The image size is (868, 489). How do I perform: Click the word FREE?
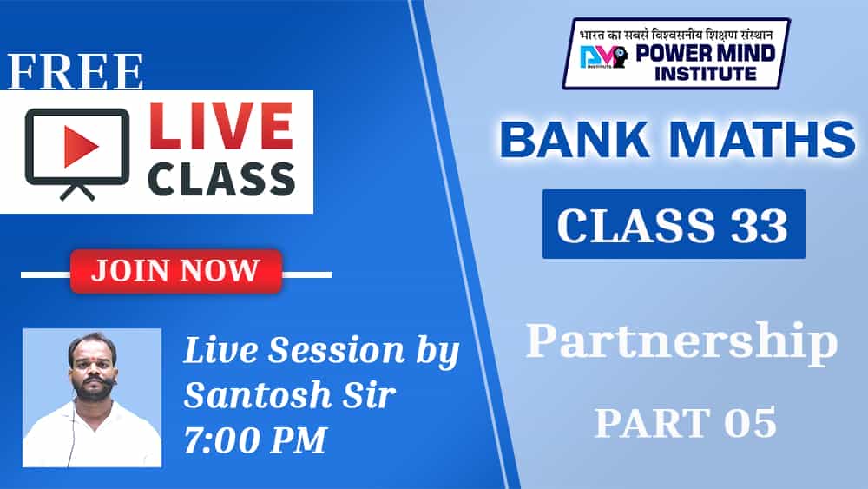click(x=76, y=71)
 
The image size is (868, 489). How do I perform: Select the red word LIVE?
click(x=220, y=127)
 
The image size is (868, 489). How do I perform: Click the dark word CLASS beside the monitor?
click(x=220, y=179)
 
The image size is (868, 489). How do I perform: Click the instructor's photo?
click(x=92, y=398)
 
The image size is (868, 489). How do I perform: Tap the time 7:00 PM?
click(x=255, y=439)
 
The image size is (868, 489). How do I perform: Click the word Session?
click(x=337, y=351)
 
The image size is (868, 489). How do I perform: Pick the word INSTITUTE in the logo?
click(x=705, y=74)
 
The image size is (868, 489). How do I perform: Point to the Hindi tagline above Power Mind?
click(x=676, y=35)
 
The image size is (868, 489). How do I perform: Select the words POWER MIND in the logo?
click(x=705, y=54)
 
